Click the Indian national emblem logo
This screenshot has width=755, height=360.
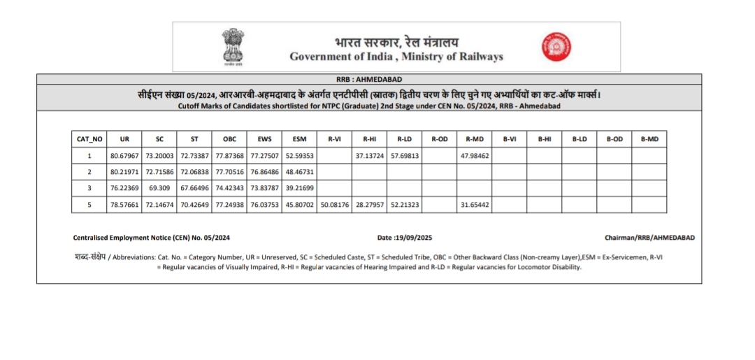click(x=231, y=46)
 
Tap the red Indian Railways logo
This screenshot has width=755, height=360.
click(x=556, y=47)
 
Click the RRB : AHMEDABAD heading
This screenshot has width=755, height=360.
click(x=369, y=79)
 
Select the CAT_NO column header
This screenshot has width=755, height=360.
click(x=89, y=139)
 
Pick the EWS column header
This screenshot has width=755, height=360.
click(x=264, y=139)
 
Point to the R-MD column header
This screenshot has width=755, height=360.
click(x=475, y=139)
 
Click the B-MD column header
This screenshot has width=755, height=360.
click(x=649, y=139)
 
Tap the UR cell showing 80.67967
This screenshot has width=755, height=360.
click(x=124, y=155)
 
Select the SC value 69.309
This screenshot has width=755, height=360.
click(x=159, y=188)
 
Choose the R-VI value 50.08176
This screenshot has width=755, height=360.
click(x=334, y=204)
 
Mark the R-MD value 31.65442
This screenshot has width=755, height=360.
click(x=475, y=204)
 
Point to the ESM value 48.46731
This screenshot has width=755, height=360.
click(x=299, y=171)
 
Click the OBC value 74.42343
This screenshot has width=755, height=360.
click(x=229, y=188)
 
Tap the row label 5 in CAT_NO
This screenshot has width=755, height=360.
click(x=89, y=204)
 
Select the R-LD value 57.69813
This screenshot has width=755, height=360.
click(x=405, y=155)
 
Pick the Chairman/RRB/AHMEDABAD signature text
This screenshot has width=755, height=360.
click(x=649, y=238)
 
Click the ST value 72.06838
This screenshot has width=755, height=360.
click(x=194, y=171)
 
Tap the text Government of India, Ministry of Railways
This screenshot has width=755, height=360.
click(x=396, y=57)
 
